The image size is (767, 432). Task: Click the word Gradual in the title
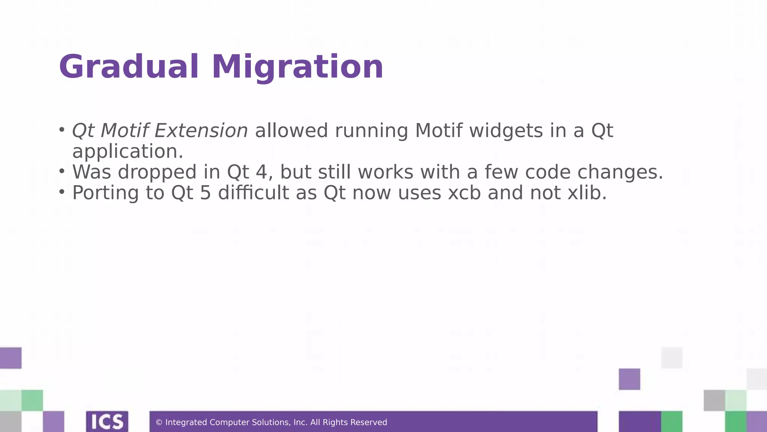[128, 67]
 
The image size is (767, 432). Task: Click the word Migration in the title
[298, 67]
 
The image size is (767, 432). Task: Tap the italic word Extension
[201, 130]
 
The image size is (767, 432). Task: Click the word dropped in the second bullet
[157, 172]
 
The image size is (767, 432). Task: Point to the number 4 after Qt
[261, 172]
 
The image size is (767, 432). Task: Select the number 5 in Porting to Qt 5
[206, 193]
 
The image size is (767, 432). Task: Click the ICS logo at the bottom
[107, 421]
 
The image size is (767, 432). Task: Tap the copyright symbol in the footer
[159, 423]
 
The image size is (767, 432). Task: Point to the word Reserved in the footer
[369, 423]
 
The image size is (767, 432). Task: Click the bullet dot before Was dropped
[62, 171]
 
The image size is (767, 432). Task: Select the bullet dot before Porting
[62, 192]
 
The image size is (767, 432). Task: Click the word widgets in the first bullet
[506, 130]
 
